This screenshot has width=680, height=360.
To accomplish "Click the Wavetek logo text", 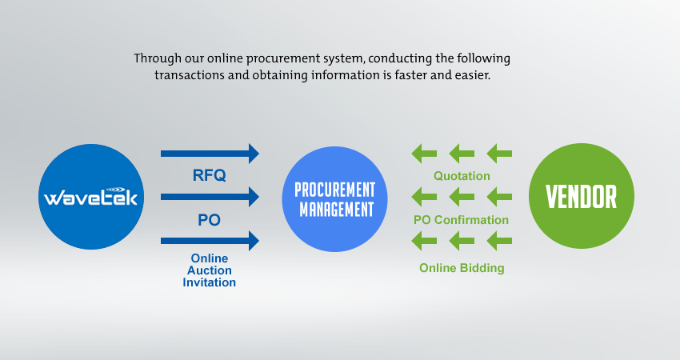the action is pos(90,197).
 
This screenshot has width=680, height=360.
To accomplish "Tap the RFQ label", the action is pos(209,175).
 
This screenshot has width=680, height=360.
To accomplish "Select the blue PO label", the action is pos(209,220).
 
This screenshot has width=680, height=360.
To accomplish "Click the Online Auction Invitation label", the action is pos(209,270).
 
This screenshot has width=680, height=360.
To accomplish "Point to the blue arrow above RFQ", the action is pos(210,154).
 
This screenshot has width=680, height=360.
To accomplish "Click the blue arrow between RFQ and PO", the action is pos(210,197).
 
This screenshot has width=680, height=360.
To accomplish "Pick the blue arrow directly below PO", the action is pos(210,241).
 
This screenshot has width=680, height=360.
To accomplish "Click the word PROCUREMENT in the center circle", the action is pos(334,190).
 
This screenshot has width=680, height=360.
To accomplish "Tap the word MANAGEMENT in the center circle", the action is pos(337,210).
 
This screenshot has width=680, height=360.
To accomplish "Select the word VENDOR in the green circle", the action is pos(581,197).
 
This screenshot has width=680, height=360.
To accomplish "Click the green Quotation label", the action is pos(462,176).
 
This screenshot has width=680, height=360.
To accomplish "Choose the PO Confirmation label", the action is pos(461,220).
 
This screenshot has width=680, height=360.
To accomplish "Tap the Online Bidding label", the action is pos(462,268).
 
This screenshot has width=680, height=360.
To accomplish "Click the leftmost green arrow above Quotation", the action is pos(424,154).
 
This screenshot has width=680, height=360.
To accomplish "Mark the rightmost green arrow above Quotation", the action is pos(499,154).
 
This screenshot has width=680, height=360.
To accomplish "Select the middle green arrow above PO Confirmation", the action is pos(462,197).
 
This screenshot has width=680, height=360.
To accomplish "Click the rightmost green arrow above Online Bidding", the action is pos(499,241).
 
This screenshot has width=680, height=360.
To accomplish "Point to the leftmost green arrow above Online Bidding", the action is pos(424,241).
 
